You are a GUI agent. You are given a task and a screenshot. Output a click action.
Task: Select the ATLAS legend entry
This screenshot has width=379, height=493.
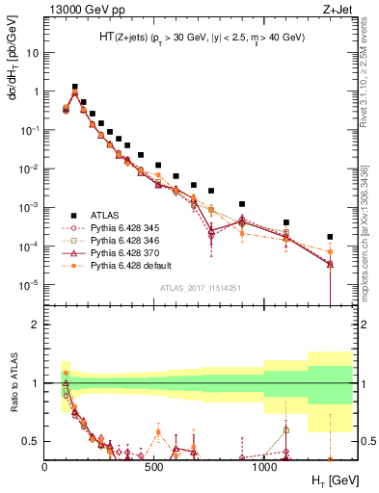tap(104, 215)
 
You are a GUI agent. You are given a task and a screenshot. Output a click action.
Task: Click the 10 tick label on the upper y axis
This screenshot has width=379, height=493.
tap(33, 53)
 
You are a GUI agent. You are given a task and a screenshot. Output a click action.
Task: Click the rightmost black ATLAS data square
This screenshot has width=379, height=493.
tap(330, 237)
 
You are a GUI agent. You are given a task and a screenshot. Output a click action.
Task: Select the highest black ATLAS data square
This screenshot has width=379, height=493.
tap(75, 87)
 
